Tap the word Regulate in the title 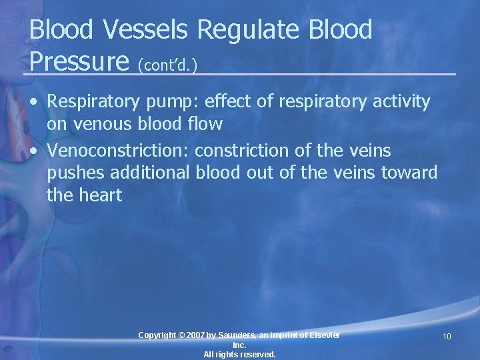(x=254, y=30)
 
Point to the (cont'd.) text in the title (x=170, y=64)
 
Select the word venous (x=101, y=124)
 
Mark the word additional (x=153, y=173)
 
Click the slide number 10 (x=447, y=337)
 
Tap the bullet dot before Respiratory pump (x=33, y=103)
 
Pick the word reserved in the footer (x=257, y=355)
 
